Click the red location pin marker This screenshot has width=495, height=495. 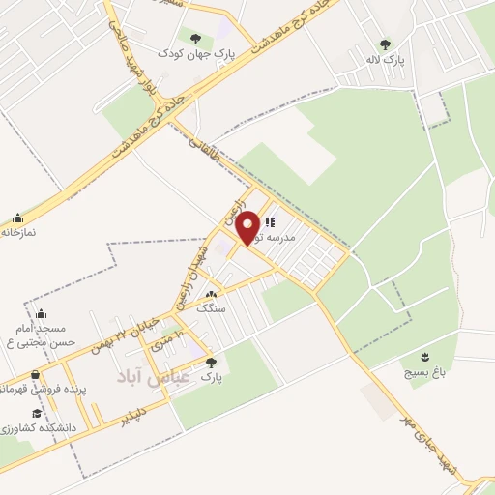[x=249, y=226]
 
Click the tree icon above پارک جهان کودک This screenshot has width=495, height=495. [x=195, y=39]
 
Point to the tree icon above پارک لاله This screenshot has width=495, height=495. [x=386, y=44]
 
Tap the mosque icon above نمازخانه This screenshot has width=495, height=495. [x=17, y=218]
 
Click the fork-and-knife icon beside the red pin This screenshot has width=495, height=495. [x=269, y=223]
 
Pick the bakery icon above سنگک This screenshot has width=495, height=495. [x=212, y=295]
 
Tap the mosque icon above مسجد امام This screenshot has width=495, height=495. [x=40, y=313]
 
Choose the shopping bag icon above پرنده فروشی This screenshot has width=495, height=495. [x=36, y=375]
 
